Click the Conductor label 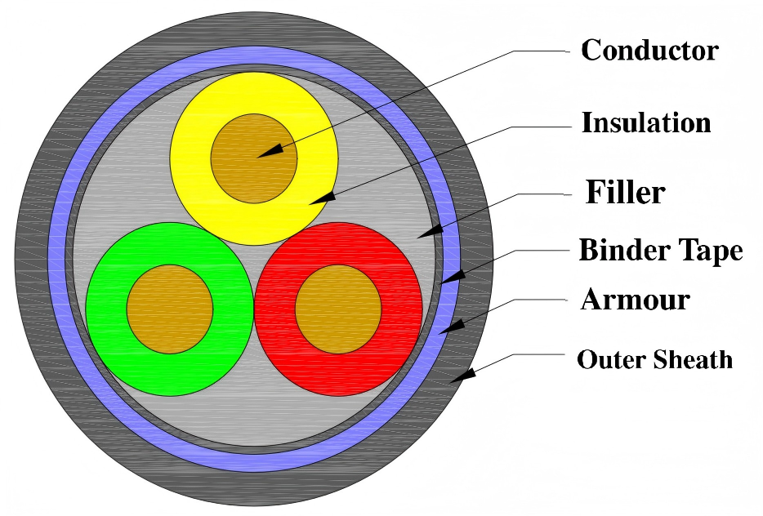pyautogui.click(x=649, y=51)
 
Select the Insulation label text pyautogui.click(x=645, y=123)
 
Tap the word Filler pyautogui.click(x=626, y=193)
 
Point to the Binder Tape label pyautogui.click(x=660, y=251)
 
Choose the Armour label pyautogui.click(x=635, y=300)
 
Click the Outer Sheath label pyautogui.click(x=654, y=359)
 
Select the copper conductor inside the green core pyautogui.click(x=169, y=309)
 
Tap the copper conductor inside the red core pyautogui.click(x=338, y=309)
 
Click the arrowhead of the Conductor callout pyautogui.click(x=271, y=150)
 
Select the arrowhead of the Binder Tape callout pyautogui.click(x=448, y=278)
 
